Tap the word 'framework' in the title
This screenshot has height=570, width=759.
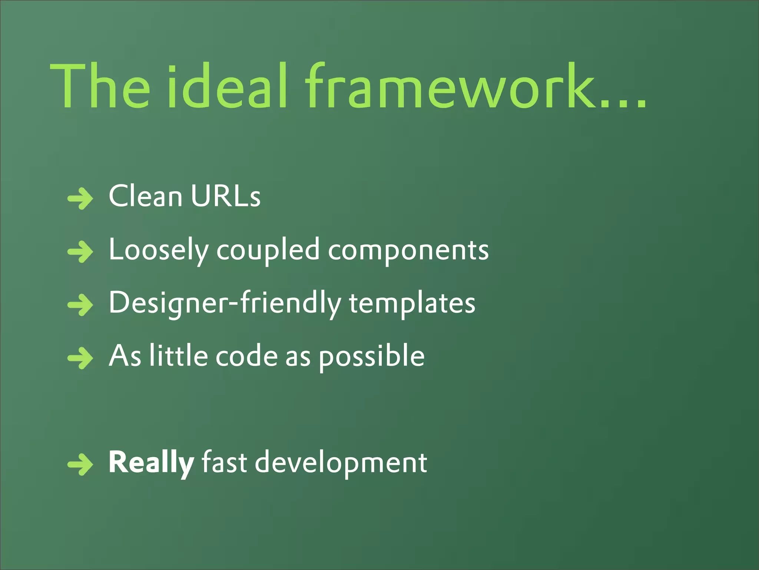(x=448, y=87)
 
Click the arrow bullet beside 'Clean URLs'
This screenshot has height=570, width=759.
(x=80, y=199)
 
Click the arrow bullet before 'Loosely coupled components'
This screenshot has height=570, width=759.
(x=80, y=252)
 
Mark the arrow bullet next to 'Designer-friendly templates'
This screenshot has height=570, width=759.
(x=80, y=305)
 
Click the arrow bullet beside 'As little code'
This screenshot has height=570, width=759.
(x=80, y=358)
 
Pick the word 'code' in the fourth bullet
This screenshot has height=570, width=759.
(x=246, y=356)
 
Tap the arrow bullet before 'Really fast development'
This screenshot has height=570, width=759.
(x=80, y=464)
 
